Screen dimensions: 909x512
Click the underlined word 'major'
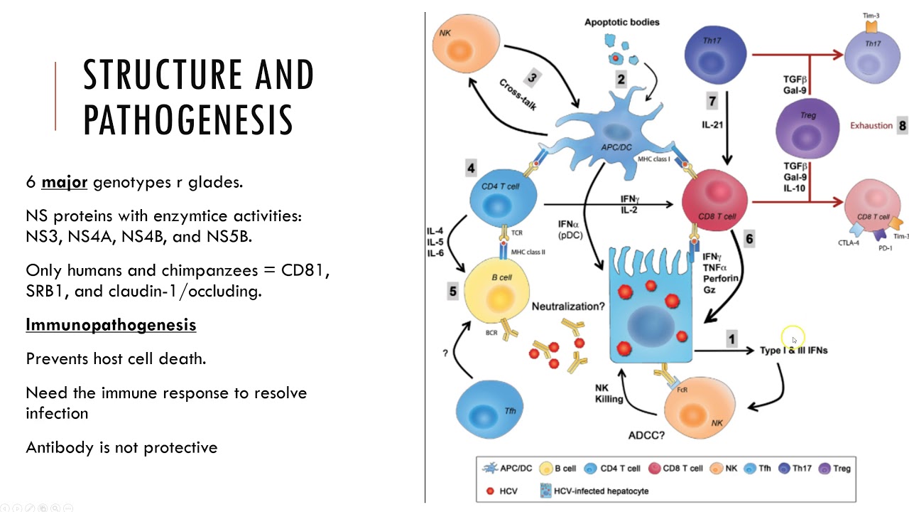coord(64,183)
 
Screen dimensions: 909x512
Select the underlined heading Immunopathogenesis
coord(111,325)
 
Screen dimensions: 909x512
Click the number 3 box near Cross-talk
coord(532,78)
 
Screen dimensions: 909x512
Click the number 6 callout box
coord(749,239)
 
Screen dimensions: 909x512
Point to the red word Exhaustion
coord(871,126)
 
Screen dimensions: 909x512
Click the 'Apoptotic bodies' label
coord(621,22)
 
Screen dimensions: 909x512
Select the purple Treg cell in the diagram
coord(807,129)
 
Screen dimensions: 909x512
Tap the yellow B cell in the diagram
coord(496,291)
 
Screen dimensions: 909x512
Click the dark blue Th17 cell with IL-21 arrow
coord(715,55)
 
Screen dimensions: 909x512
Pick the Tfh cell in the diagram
coord(489,410)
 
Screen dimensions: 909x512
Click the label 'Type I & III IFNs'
coord(793,351)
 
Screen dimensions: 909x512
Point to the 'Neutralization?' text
coord(568,306)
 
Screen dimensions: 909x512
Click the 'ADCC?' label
coord(646,436)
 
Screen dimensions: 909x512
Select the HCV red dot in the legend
coord(490,491)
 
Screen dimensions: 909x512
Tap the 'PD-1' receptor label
coord(886,248)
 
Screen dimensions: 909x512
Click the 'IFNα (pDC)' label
coord(570,230)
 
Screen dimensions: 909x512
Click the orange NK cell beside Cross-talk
coord(465,43)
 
